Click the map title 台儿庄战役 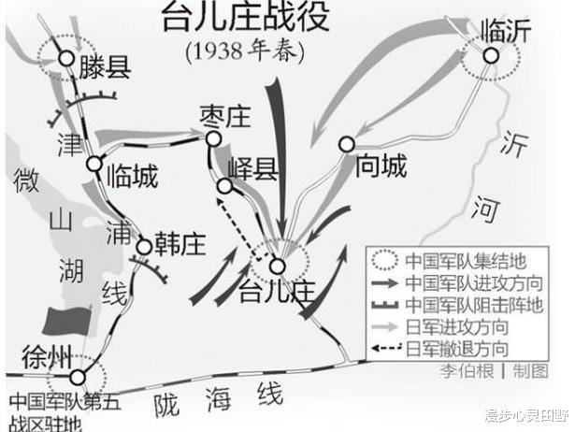[246, 17]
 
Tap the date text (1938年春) [245, 51]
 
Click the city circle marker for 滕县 [67, 58]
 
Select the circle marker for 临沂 [491, 56]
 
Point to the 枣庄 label [225, 117]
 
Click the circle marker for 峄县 [224, 186]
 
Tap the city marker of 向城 [347, 145]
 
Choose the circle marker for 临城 [94, 164]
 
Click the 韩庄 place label [180, 244]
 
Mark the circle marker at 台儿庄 [278, 266]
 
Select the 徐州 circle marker [78, 377]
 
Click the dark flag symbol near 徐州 [66, 321]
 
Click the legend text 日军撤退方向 [457, 349]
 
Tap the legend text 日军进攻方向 [457, 326]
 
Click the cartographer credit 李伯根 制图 [494, 371]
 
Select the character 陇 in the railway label [166, 406]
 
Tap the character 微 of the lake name [26, 180]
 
